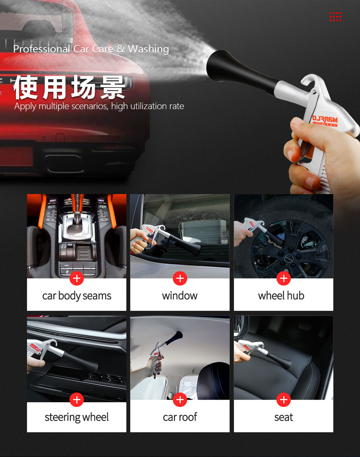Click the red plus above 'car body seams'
click(x=77, y=278)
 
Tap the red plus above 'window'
click(x=180, y=278)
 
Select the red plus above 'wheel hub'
click(x=284, y=278)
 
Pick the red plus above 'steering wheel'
click(x=77, y=400)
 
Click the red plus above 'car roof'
click(x=180, y=400)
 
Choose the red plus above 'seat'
click(x=284, y=400)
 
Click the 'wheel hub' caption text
click(x=281, y=296)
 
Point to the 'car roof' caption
click(x=180, y=417)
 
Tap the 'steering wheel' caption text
click(x=77, y=417)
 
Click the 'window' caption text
click(x=180, y=296)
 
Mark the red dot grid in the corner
click(x=336, y=17)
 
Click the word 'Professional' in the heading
click(x=42, y=49)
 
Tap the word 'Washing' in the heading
click(x=149, y=49)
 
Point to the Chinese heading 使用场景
click(x=69, y=87)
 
